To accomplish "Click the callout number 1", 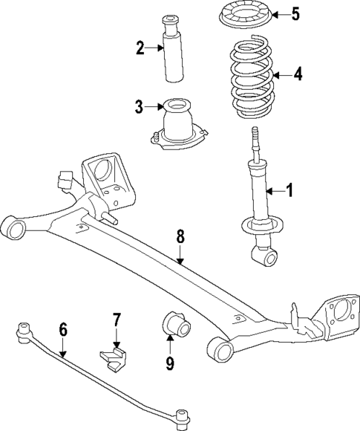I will click(x=289, y=190).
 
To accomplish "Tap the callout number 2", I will click(x=139, y=49).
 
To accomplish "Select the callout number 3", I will click(x=139, y=107).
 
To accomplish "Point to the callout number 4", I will click(x=298, y=74).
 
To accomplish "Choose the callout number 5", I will click(x=295, y=14).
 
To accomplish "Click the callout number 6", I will click(x=63, y=328).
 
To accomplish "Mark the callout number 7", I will click(x=116, y=320).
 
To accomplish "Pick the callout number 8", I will click(x=180, y=238).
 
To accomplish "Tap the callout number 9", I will click(x=170, y=363).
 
